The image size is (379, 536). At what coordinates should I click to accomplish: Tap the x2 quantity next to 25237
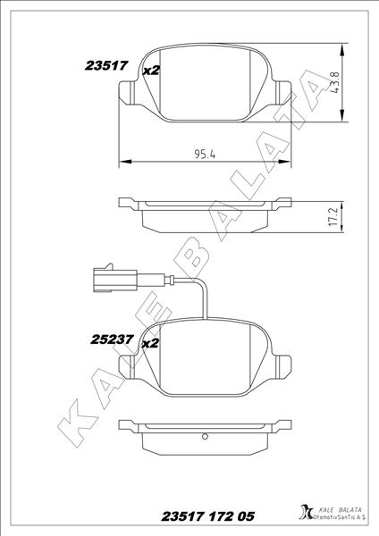coord(149,342)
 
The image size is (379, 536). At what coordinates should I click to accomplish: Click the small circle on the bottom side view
coord(206,436)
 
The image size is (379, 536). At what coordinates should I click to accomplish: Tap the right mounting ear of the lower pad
coord(285,365)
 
